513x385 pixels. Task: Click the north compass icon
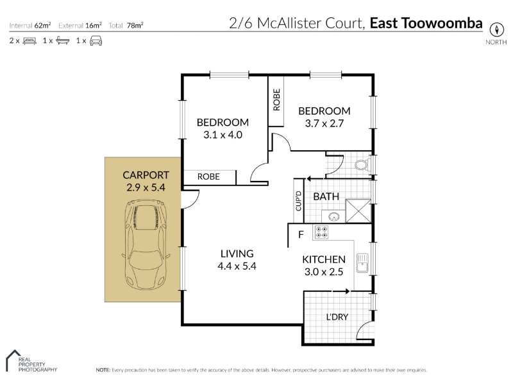pyautogui.click(x=496, y=30)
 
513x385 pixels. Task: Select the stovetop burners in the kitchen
pyautogui.click(x=321, y=232)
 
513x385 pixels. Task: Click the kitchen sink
pyautogui.click(x=362, y=263)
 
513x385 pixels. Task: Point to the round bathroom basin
pyautogui.click(x=334, y=217)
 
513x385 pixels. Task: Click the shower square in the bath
pyautogui.click(x=358, y=211)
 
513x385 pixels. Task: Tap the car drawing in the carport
pyautogui.click(x=146, y=244)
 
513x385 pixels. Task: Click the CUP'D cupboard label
pyautogui.click(x=298, y=201)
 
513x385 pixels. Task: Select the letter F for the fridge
pyautogui.click(x=301, y=234)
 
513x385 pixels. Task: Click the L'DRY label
pyautogui.click(x=337, y=317)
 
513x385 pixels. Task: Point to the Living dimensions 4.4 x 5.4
pyautogui.click(x=237, y=266)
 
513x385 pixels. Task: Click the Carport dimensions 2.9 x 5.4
pyautogui.click(x=146, y=187)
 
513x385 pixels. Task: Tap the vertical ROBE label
pyautogui.click(x=276, y=99)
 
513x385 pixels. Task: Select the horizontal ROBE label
pyautogui.click(x=208, y=177)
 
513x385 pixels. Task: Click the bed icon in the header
pyautogui.click(x=29, y=41)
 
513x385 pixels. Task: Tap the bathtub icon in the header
pyautogui.click(x=63, y=40)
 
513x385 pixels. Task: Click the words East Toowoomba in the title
pyautogui.click(x=426, y=23)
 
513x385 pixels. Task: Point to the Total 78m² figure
pyautogui.click(x=126, y=25)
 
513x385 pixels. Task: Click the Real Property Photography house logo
pyautogui.click(x=13, y=360)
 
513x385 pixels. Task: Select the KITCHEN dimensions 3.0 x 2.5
pyautogui.click(x=324, y=271)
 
